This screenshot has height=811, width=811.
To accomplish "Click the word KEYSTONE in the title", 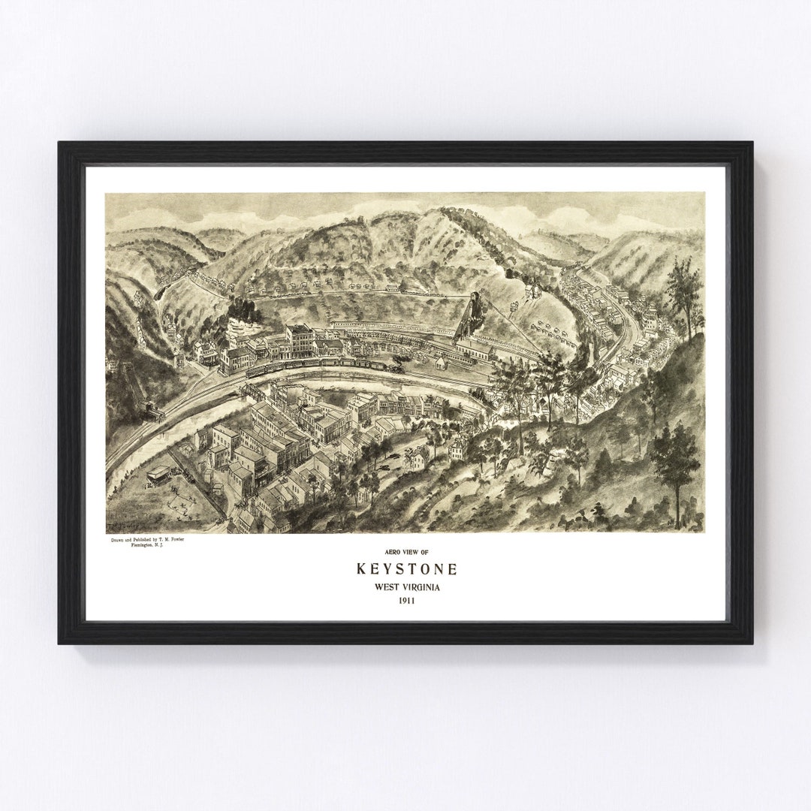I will [x=406, y=568].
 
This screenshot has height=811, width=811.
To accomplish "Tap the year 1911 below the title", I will [x=406, y=601].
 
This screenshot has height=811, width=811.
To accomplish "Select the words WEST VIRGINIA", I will [x=406, y=586].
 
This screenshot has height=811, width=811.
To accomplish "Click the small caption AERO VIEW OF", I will [x=406, y=550].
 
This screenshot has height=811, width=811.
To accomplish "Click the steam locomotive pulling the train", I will [x=396, y=367].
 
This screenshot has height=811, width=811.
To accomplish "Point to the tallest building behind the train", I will [x=300, y=340].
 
